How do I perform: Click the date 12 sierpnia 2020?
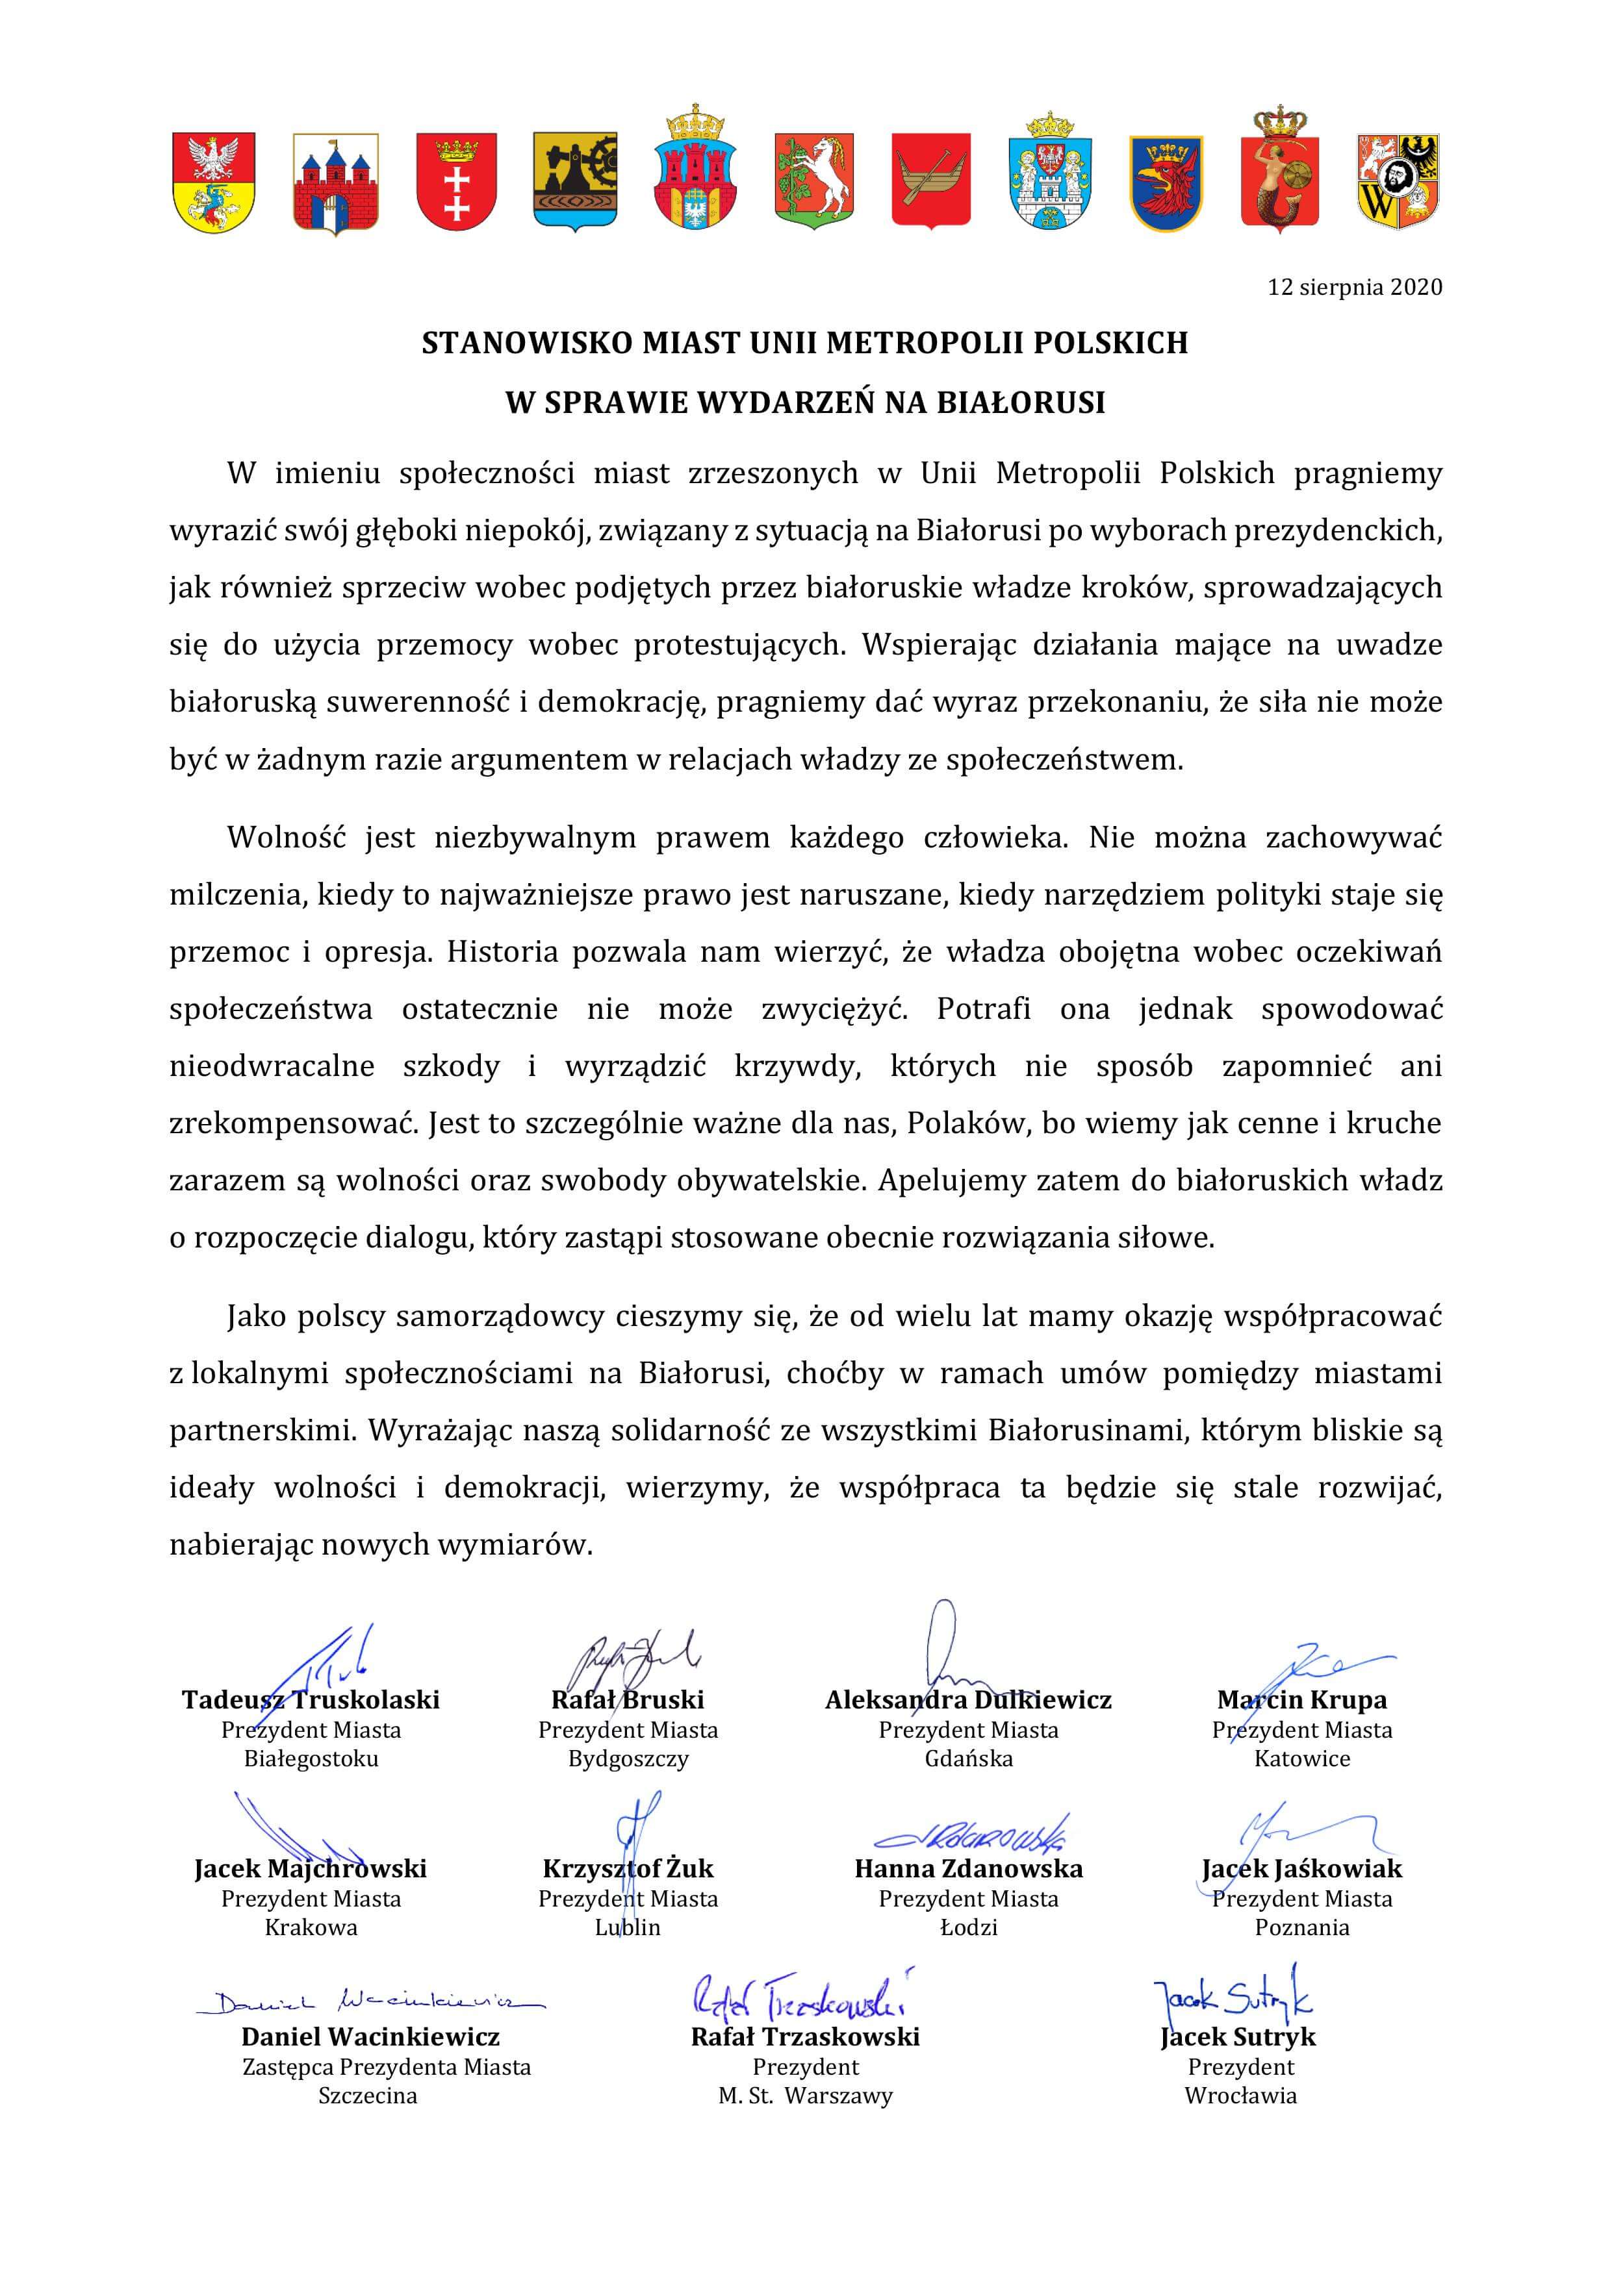coord(1354,288)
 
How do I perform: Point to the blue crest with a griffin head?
coord(1166,182)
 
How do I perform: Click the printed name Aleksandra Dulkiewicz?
coord(968,1699)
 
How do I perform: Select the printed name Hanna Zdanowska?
coord(968,1868)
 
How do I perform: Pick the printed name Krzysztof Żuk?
coord(628,1868)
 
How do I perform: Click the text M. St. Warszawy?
coord(805,2096)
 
